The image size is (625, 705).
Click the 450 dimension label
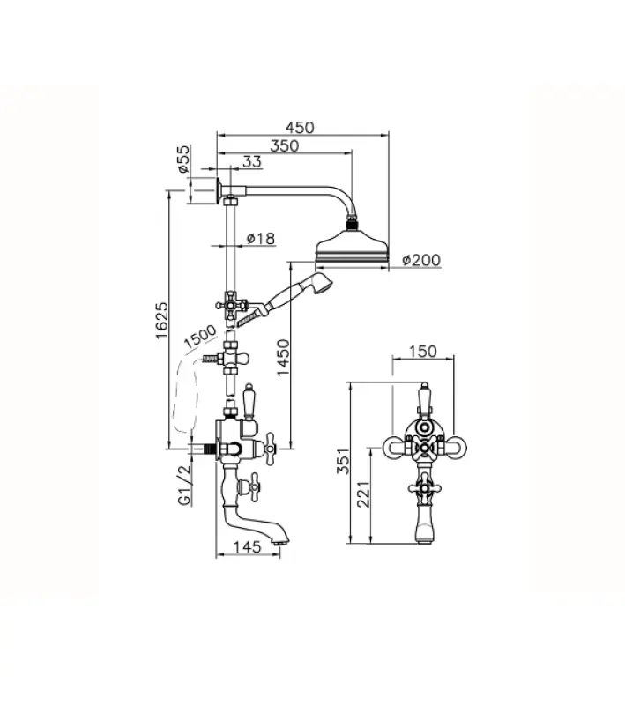pos(300,127)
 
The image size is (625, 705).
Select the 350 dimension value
pos(284,145)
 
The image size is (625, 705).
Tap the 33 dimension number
pos(252,161)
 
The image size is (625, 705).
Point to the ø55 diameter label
pos(182,160)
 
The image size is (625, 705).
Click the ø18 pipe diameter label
pos(261,238)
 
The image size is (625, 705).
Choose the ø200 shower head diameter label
pos(421,260)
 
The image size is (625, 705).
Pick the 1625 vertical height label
pos(162,321)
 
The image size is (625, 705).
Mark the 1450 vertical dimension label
pos(283,358)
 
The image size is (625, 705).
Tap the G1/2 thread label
pos(185,485)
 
